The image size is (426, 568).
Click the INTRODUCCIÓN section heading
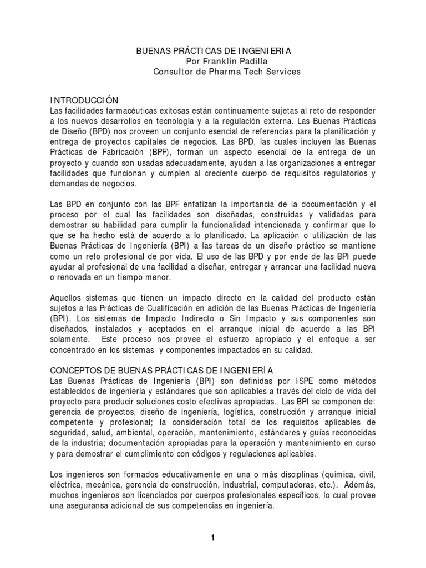point(84,100)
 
